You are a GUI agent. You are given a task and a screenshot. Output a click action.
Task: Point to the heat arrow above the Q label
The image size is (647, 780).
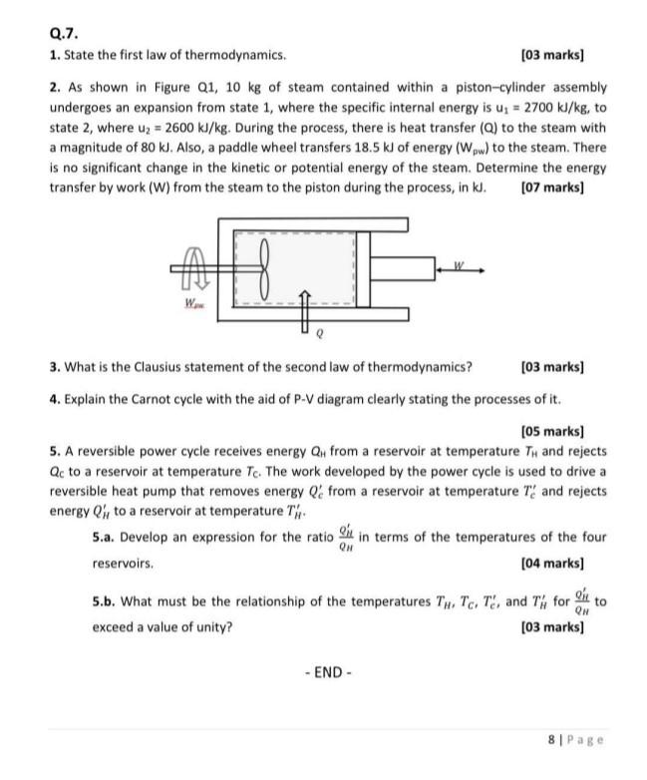306,303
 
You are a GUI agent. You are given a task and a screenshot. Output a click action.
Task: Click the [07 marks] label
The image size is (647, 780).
553,188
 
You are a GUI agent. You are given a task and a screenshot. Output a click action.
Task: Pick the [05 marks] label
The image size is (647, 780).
553,432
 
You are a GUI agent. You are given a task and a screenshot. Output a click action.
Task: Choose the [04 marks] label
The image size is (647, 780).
553,564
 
